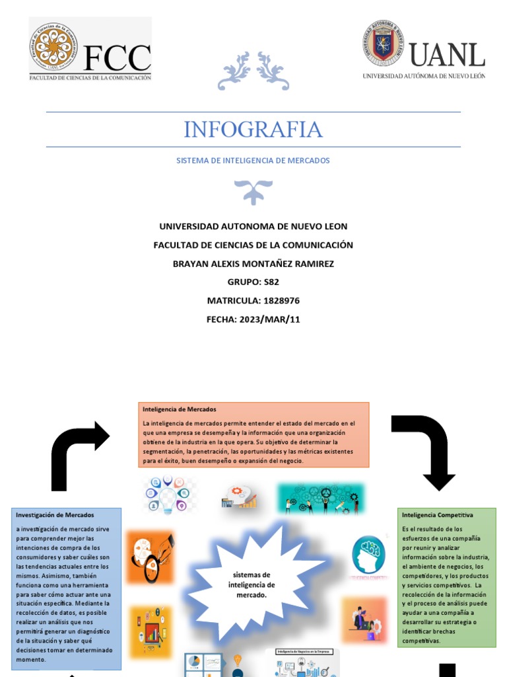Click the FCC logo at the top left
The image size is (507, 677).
pos(90,50)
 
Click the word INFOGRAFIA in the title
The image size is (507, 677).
pos(253,130)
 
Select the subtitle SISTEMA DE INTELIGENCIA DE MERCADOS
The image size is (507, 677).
pos(253,161)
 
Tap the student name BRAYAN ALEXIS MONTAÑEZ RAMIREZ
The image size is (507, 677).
pos(253,264)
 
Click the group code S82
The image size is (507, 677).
pos(271,282)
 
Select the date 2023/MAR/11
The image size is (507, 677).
pos(267,319)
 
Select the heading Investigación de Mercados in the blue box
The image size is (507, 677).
pos(55,515)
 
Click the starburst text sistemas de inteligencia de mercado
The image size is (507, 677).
pos(252,585)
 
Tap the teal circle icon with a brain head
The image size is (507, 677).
pos(368,555)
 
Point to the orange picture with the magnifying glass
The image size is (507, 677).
pos(150,557)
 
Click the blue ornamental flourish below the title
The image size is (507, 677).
pos(253,190)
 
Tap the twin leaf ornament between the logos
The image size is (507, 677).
pos(253,71)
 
